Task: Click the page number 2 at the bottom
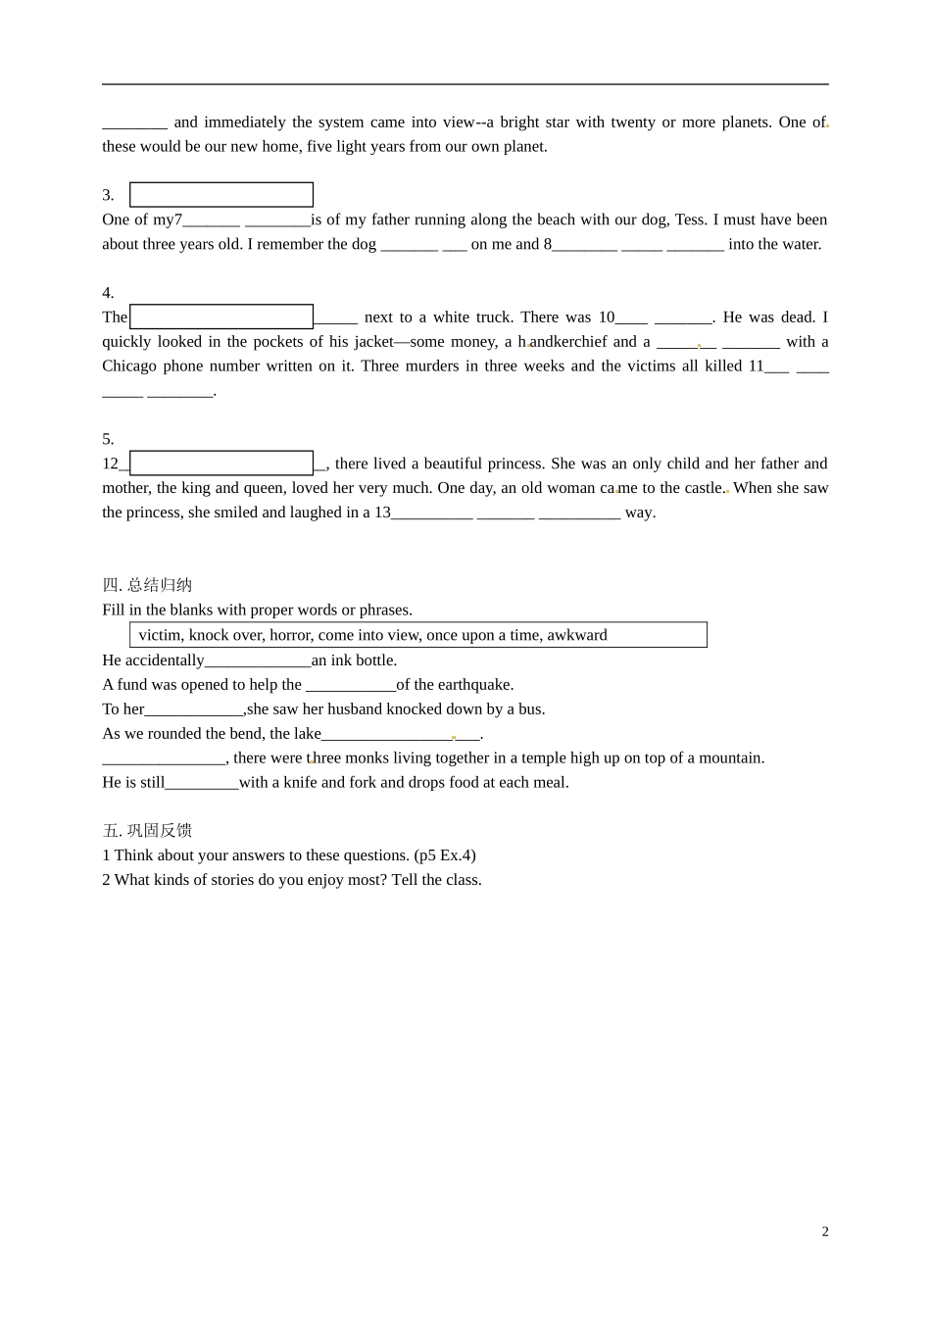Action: click(x=824, y=1232)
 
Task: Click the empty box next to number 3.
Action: click(x=221, y=195)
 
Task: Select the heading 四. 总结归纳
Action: click(x=147, y=585)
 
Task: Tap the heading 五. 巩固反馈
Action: click(x=147, y=830)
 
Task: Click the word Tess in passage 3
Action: click(x=689, y=219)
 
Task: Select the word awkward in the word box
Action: click(x=577, y=635)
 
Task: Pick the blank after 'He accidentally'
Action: click(x=258, y=661)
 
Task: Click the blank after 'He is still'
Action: click(x=202, y=783)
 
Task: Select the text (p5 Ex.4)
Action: click(x=445, y=854)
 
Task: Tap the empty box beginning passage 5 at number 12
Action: click(x=221, y=463)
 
